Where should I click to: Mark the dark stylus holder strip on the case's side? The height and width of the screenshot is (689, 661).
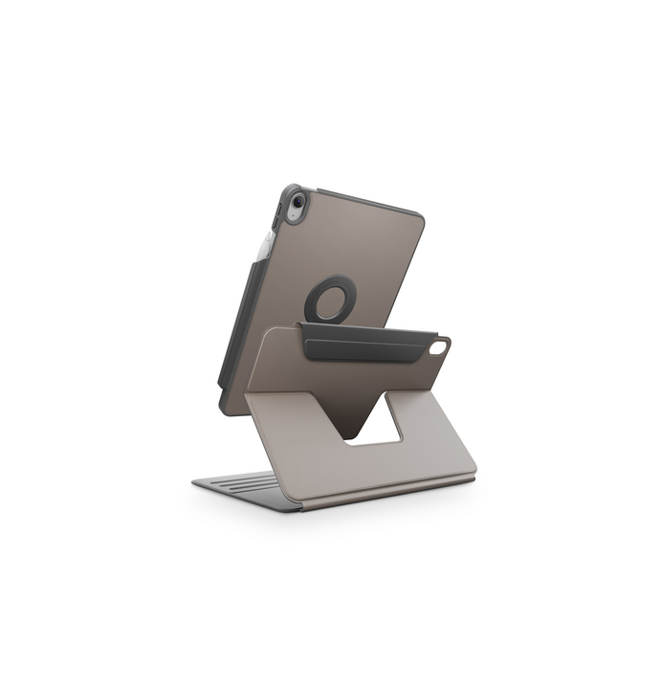[245, 316]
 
